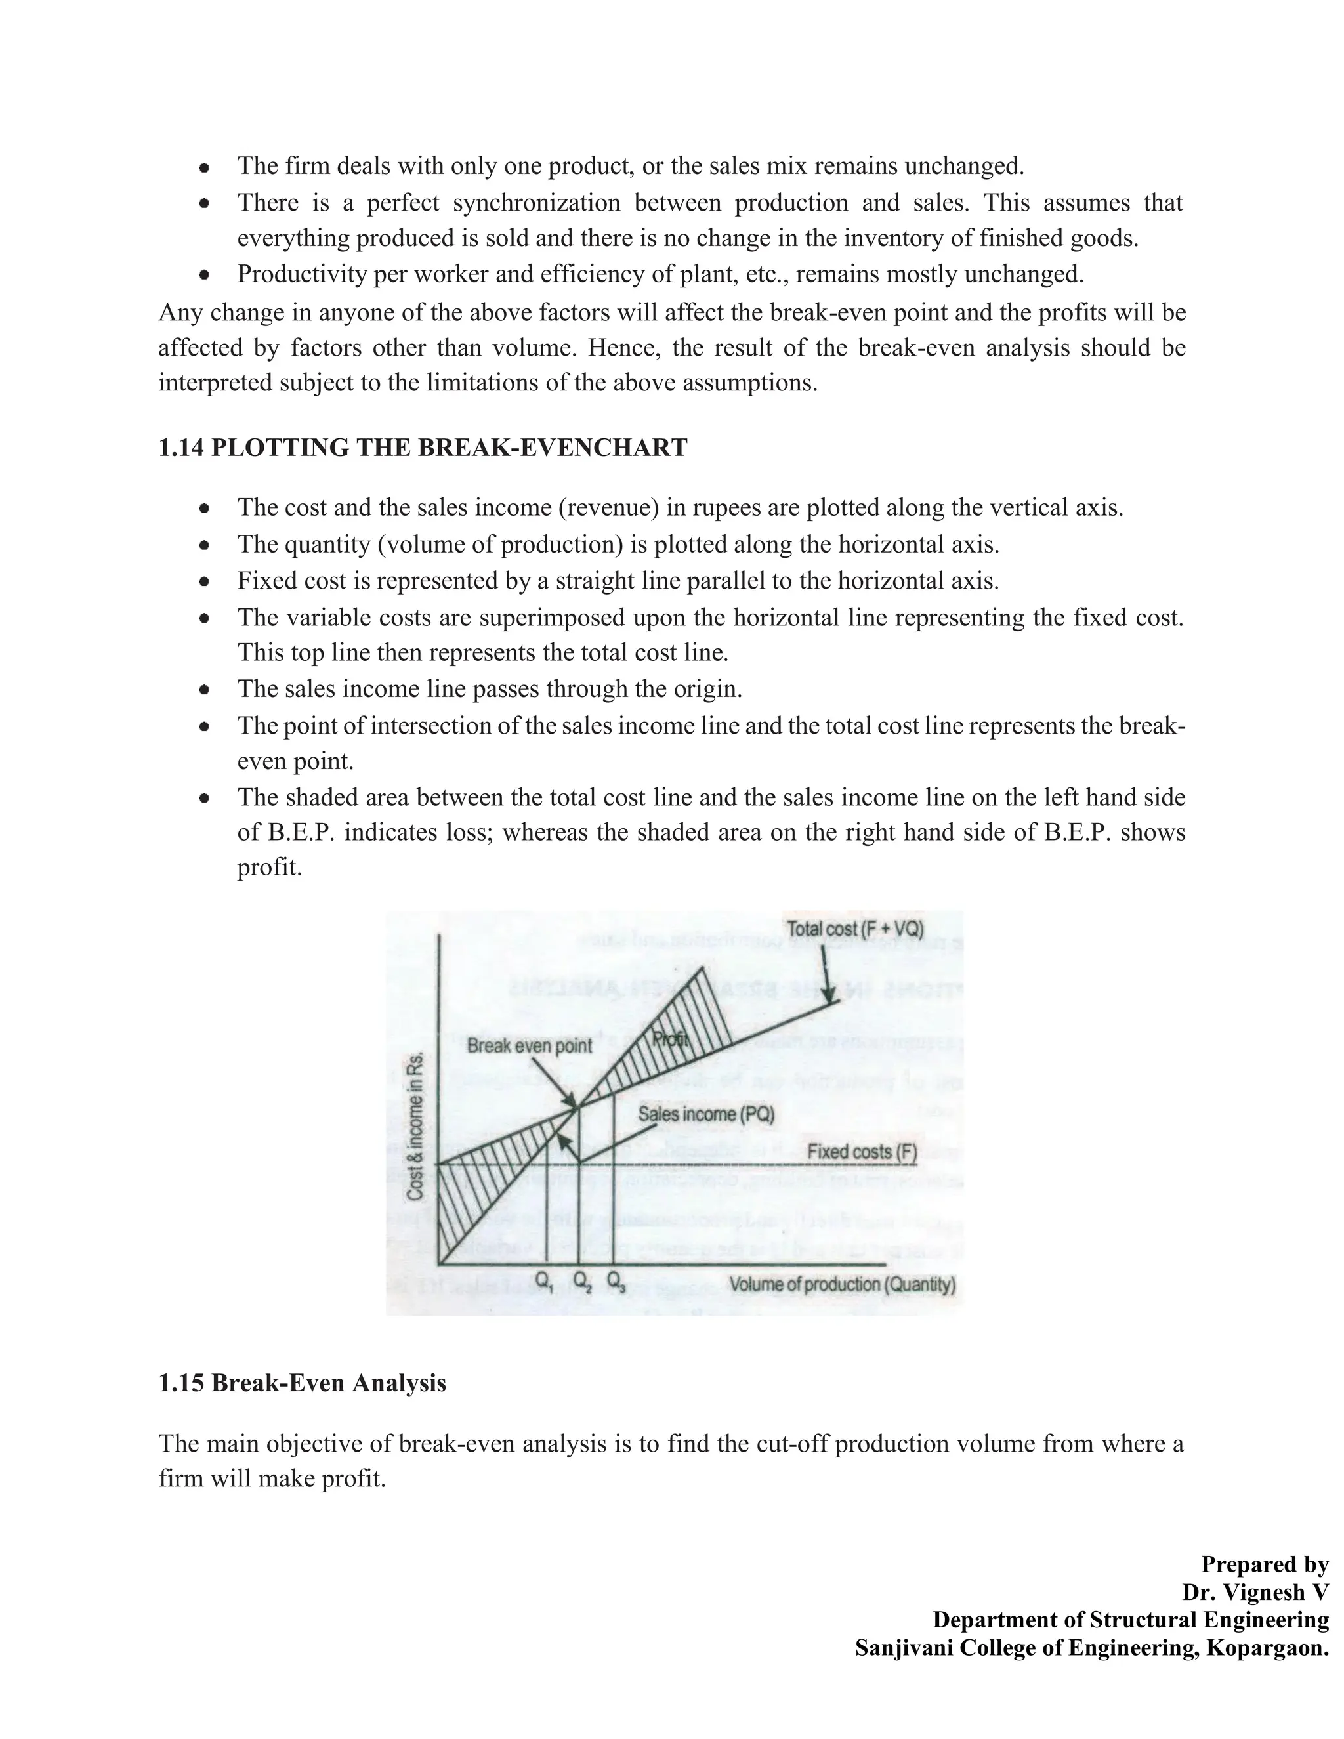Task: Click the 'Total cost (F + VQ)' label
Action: tap(854, 929)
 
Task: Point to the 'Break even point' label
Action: tap(529, 1045)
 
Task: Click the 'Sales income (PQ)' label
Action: tap(705, 1114)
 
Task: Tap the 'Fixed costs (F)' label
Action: tap(862, 1152)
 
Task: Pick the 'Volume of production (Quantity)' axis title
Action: tap(841, 1284)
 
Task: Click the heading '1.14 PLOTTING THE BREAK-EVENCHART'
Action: tap(423, 448)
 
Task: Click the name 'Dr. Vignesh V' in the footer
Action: tap(1255, 1592)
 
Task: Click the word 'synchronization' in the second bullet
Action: tap(536, 202)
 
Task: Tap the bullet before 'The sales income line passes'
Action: tap(205, 690)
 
